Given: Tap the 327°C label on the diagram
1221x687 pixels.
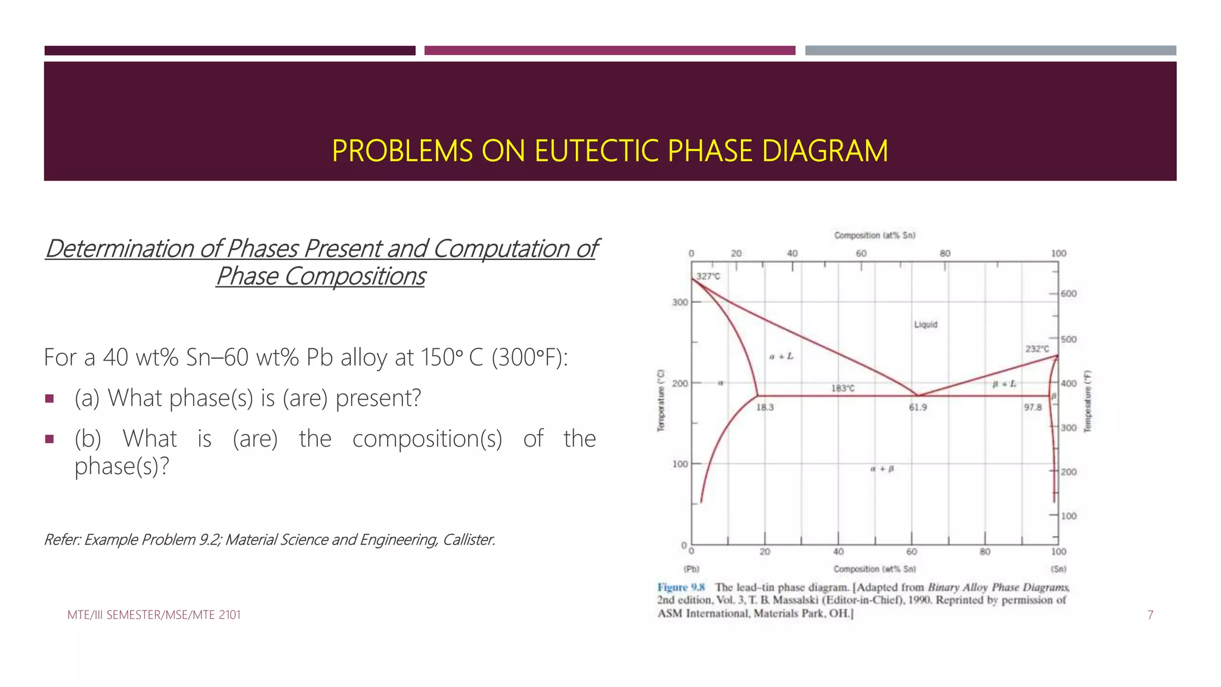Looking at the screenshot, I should tap(708, 276).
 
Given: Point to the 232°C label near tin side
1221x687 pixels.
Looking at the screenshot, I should tap(1037, 349).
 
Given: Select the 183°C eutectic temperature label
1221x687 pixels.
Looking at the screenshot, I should tap(842, 388).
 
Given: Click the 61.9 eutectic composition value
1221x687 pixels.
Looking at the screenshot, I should tap(918, 407).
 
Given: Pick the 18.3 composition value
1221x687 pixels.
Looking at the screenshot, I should tap(765, 407).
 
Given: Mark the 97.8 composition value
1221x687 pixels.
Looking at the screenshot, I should tap(1033, 407).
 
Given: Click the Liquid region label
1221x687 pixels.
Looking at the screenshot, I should tap(925, 324).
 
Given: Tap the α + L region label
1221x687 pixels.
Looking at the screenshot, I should tap(781, 357).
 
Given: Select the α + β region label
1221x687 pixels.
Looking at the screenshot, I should tap(882, 469).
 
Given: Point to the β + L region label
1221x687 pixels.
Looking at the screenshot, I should tap(1004, 384).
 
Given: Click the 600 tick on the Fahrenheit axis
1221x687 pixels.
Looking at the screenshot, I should tap(1068, 293).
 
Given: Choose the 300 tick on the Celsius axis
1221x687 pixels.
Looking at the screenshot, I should tap(680, 302).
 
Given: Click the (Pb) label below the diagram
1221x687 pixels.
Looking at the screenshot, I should tap(692, 569).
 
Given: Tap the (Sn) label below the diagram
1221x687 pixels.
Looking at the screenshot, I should tap(1058, 569).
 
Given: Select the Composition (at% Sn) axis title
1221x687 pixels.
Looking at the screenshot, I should tap(875, 236).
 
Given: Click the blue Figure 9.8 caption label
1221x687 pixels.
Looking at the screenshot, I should tap(681, 587).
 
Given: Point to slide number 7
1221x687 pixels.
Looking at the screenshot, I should tap(1150, 615).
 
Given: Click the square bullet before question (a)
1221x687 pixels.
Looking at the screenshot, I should tap(49, 398).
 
